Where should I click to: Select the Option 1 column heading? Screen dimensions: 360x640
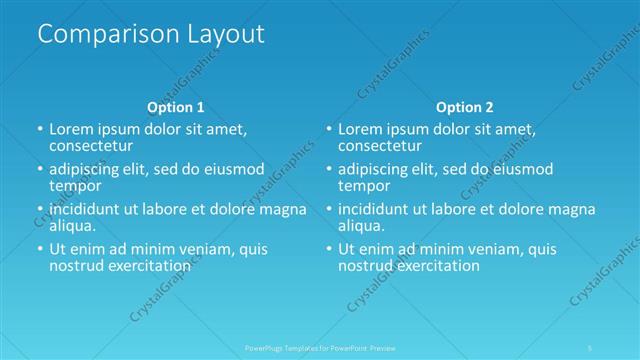175,106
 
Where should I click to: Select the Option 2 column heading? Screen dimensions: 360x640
464,106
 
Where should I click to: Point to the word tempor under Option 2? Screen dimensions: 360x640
363,186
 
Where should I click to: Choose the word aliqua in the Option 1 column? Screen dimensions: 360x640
72,226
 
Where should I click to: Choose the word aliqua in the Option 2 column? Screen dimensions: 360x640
360,226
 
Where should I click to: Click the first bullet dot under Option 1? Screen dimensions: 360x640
40,130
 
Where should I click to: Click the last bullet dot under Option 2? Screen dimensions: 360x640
328,250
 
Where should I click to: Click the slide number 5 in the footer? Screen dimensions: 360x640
590,348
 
